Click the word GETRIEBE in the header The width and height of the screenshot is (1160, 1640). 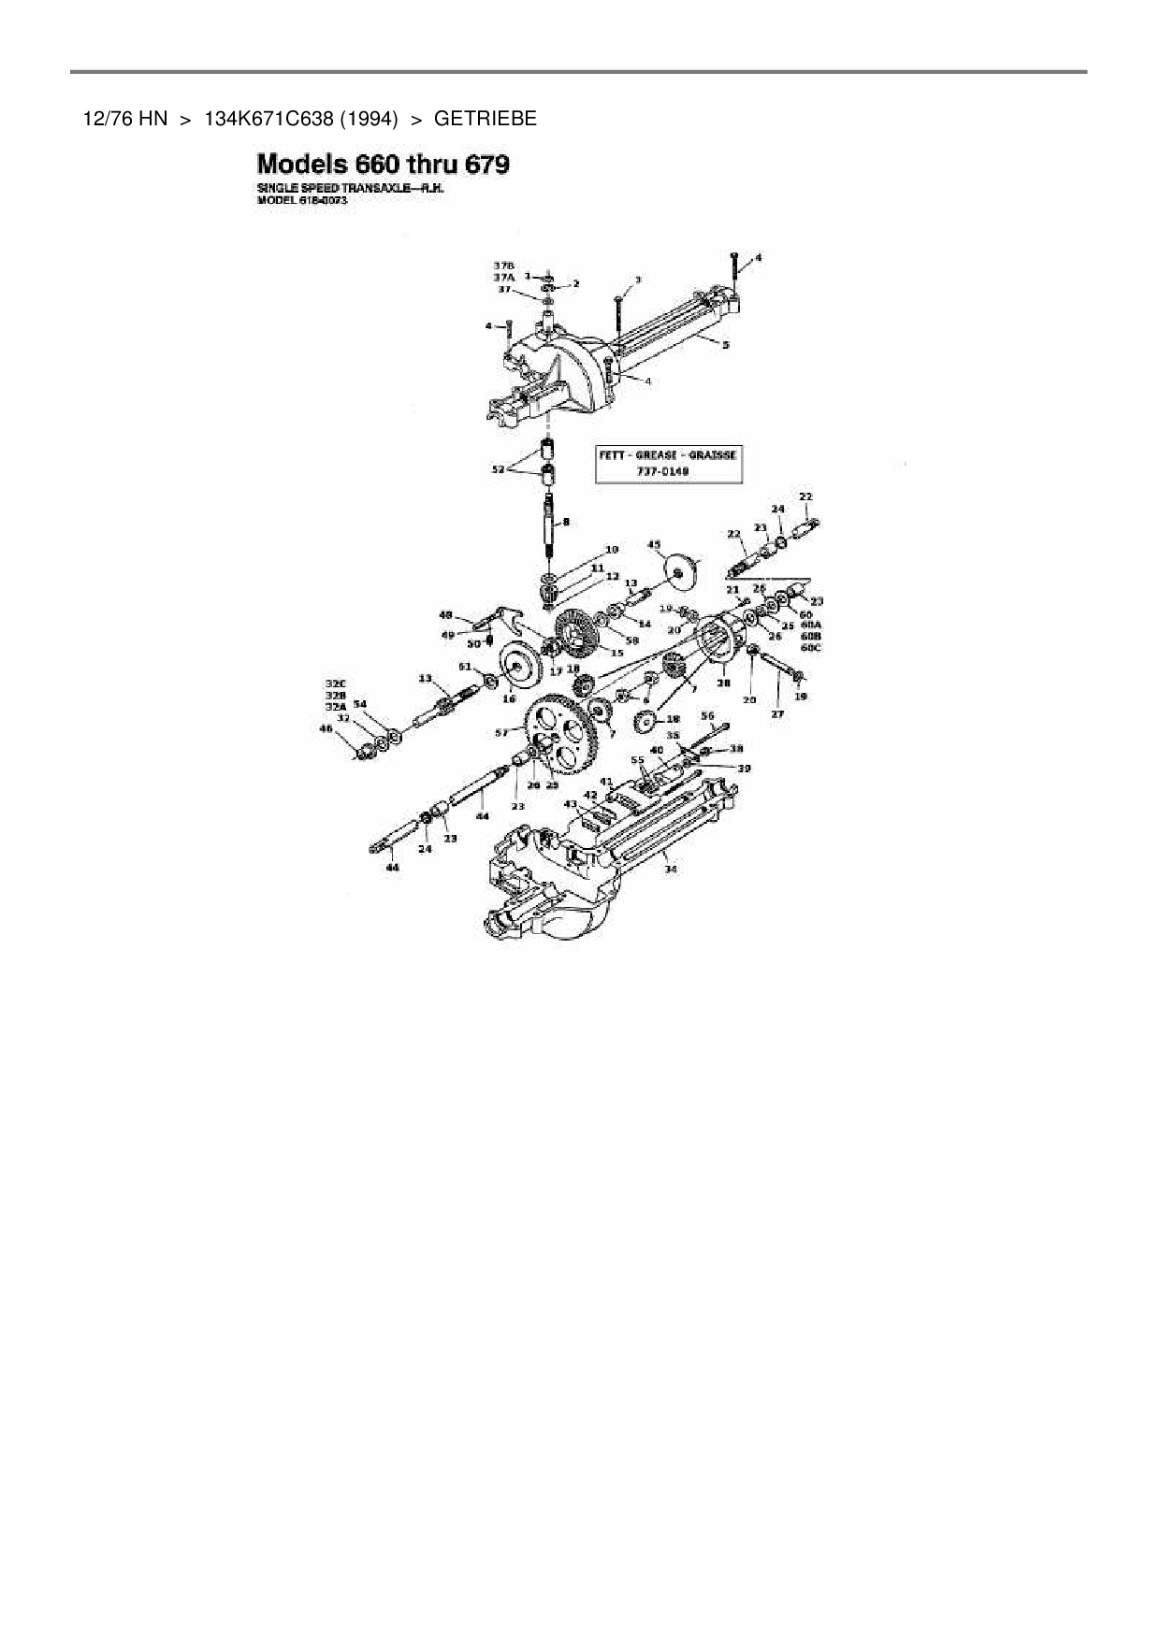485,119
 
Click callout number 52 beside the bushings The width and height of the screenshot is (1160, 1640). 498,469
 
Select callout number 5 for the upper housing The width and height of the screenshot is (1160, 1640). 726,344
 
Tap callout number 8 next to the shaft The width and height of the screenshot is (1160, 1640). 566,522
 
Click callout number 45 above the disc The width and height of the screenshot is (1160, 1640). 654,544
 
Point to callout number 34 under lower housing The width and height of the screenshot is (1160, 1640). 670,869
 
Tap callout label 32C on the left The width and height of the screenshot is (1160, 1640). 335,683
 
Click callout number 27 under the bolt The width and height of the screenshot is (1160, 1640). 777,713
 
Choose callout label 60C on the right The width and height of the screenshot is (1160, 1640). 811,646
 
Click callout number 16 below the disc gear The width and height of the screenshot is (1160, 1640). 509,698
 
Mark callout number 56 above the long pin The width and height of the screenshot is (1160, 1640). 707,716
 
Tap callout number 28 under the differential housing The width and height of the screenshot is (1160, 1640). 723,683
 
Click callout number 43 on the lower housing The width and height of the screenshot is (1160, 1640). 571,804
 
